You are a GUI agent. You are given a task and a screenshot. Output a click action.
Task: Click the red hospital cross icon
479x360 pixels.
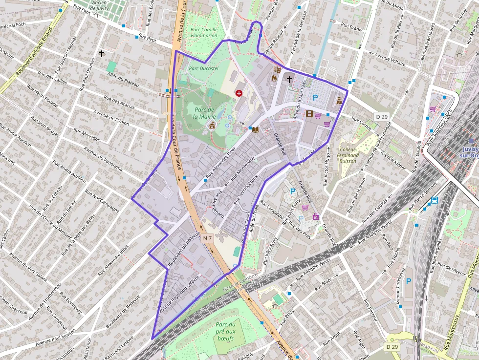[x=239, y=93]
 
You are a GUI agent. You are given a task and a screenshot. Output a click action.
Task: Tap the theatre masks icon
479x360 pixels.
[x=277, y=70]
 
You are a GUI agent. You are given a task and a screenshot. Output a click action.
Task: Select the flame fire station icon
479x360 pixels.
[x=275, y=78]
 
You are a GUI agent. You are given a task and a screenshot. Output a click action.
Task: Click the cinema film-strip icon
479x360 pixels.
[x=309, y=114]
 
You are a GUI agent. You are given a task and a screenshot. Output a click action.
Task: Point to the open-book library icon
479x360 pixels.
[x=255, y=129]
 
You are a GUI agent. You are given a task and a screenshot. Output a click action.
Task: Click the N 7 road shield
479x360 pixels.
[x=208, y=238]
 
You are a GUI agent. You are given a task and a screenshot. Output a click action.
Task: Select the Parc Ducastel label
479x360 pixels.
[x=203, y=69]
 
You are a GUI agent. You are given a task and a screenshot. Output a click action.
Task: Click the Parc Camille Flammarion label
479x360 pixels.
[x=203, y=32]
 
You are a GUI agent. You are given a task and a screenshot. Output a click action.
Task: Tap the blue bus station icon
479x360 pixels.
[x=435, y=200]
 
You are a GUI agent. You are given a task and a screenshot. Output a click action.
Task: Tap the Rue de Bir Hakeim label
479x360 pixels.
[x=356, y=195]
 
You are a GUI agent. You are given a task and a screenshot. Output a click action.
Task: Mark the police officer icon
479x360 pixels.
[x=339, y=101]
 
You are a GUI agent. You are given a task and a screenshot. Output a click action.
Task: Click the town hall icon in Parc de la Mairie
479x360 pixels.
[x=212, y=126]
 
